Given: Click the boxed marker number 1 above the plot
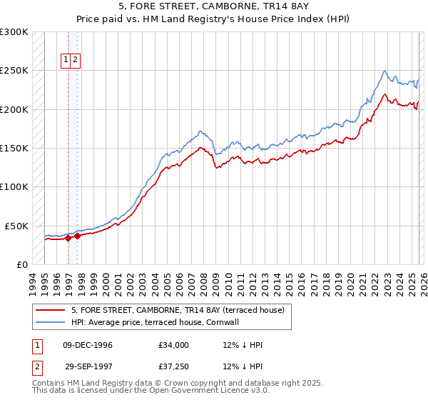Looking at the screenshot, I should click(66, 61).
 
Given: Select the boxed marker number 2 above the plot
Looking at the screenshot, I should click(74, 61).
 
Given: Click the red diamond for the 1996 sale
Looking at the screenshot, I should click(68, 238).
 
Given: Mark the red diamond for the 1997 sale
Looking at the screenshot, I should click(78, 236).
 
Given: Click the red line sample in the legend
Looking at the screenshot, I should click(50, 310).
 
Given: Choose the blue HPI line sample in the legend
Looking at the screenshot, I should click(50, 322).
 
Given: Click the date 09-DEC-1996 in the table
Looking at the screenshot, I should click(88, 345).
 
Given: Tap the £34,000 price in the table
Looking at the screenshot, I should click(174, 345).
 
